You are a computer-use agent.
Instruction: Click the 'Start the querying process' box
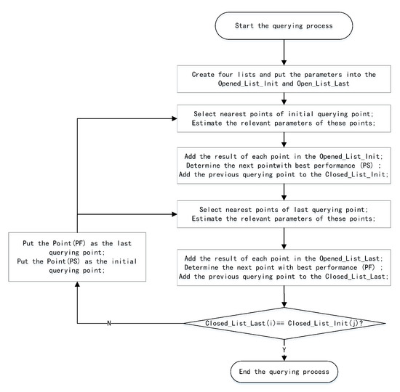(284, 27)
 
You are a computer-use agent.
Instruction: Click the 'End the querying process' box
(284, 371)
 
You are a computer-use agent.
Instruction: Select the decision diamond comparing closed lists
(284, 323)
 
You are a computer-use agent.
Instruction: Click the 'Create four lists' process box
(284, 79)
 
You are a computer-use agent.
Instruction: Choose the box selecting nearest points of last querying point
(284, 218)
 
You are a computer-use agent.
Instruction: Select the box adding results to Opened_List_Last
(284, 267)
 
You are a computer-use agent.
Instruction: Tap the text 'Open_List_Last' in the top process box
(315, 84)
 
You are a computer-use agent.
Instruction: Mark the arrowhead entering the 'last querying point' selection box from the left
(177, 213)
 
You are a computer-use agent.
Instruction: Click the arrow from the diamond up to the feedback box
(78, 298)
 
